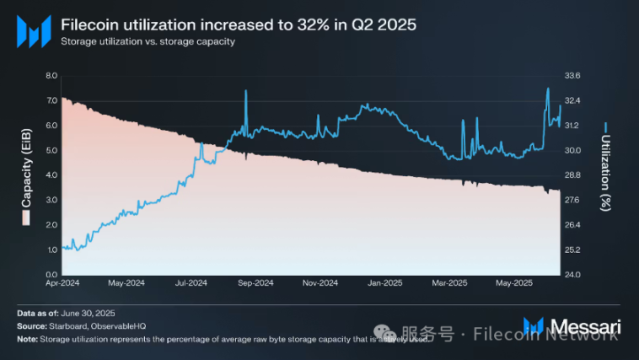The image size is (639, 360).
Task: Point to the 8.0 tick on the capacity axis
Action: point(50,76)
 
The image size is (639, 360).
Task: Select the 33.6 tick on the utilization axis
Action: point(572,76)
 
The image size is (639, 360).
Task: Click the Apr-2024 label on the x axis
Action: point(61,282)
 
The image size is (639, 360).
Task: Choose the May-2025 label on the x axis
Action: point(513,282)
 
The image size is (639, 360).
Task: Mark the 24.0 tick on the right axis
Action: point(572,275)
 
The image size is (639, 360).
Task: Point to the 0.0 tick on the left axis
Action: point(50,275)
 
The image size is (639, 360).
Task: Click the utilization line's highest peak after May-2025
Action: point(548,89)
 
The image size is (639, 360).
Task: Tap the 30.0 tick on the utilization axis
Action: point(572,150)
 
